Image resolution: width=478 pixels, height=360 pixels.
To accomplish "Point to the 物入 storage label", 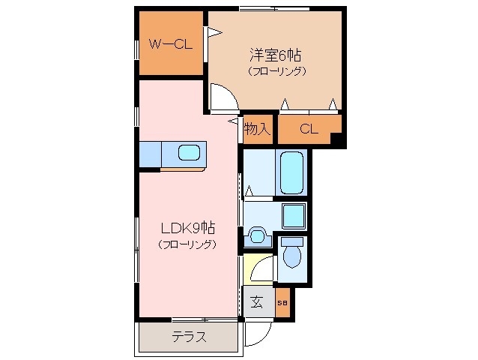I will coord(257,129).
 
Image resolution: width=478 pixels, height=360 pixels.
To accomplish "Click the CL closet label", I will coord(309,129).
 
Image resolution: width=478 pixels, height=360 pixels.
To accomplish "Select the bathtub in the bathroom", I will coord(291,172).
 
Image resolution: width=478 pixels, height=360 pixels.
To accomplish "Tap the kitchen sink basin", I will coord(188,154).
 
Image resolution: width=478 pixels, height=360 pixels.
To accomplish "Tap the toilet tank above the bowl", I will coord(292,241).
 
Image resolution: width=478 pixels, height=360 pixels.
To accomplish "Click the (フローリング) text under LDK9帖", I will coord(187,244).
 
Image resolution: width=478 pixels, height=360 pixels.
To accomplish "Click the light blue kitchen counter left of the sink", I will coord(150,154).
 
